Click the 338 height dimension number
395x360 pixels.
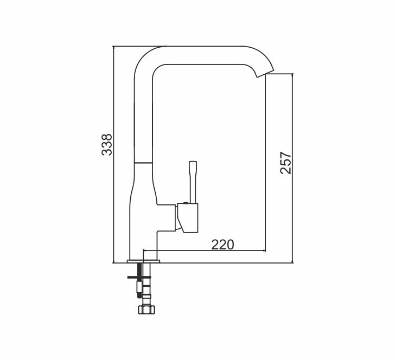tap(107, 145)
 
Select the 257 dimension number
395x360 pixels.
tap(286, 163)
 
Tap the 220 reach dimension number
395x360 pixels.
tap(222, 245)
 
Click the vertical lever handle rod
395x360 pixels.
tap(192, 181)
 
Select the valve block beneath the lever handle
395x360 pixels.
tap(188, 217)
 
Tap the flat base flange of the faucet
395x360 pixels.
tap(144, 262)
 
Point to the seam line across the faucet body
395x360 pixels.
tap(144, 162)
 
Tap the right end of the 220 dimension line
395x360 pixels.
tap(265, 251)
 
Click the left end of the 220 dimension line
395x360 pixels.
tap(143, 251)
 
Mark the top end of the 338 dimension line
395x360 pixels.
tap(113, 47)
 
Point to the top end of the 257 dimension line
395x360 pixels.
tap(292, 73)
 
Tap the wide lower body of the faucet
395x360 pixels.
tap(143, 217)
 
